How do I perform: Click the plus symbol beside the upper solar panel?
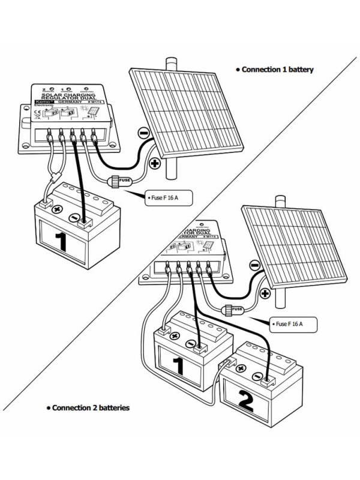pos(154,163)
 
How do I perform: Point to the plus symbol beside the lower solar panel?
pos(265,294)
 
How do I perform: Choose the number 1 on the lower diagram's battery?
pos(178,365)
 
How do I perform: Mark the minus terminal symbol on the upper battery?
pos(73,218)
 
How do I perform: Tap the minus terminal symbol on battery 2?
pos(257,377)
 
